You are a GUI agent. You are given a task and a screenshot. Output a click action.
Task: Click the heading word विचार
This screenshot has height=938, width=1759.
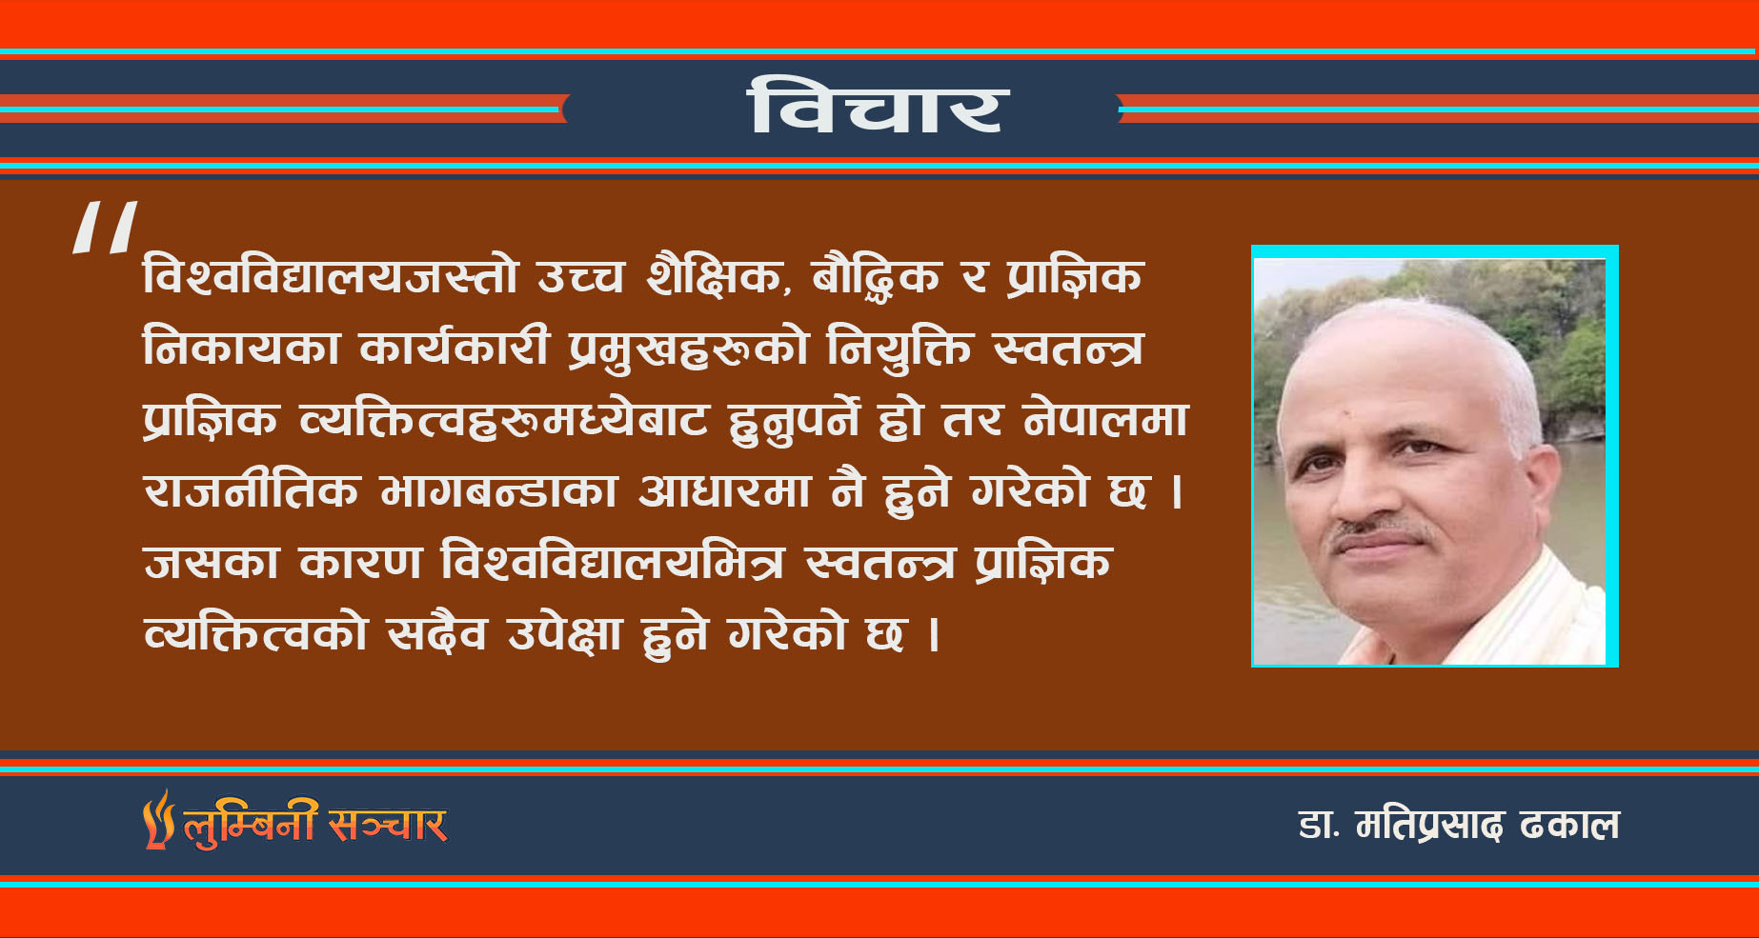[878, 106]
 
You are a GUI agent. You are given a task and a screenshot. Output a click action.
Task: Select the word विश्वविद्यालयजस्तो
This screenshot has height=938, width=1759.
[331, 276]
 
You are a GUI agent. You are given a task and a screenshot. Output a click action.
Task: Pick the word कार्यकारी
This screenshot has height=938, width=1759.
[455, 348]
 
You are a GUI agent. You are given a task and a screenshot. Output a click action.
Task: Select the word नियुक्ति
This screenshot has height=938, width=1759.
[900, 348]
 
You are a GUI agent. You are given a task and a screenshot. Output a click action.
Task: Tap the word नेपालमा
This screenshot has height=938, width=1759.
[1106, 420]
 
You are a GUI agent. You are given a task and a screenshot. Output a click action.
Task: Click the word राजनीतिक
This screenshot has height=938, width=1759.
[252, 490]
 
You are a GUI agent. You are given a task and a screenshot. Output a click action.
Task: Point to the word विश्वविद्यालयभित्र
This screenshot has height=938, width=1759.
[613, 562]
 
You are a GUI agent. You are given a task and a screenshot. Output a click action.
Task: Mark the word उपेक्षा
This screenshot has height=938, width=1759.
[565, 633]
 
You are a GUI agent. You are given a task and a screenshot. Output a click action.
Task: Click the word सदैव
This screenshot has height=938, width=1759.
[436, 633]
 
